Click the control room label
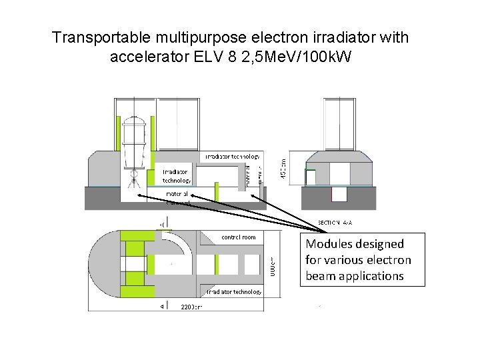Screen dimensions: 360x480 point(238,237)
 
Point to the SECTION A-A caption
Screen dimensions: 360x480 point(339,221)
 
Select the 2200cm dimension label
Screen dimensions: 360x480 point(191,307)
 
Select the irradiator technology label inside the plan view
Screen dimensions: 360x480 point(233,292)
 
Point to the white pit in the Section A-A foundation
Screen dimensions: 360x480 point(339,194)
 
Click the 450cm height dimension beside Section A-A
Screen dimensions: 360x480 point(284,166)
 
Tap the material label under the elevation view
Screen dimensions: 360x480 point(177,195)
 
